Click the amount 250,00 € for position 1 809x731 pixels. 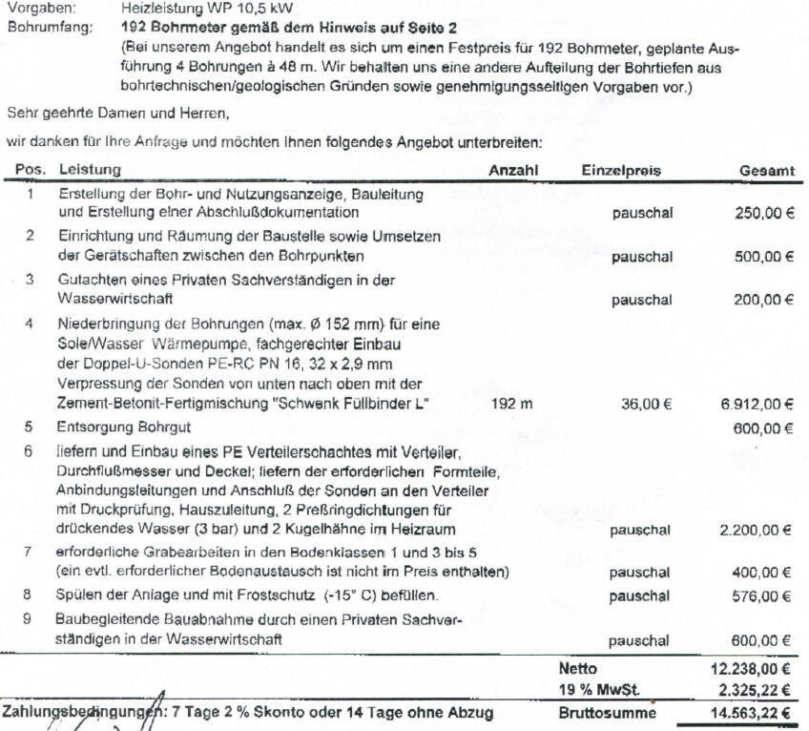pyautogui.click(x=765, y=213)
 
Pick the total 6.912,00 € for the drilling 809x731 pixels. pyautogui.click(x=758, y=404)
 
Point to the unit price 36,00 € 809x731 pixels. pyautogui.click(x=647, y=404)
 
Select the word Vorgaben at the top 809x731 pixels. pyautogui.click(x=34, y=7)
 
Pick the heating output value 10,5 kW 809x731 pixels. pyautogui.click(x=220, y=7)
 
